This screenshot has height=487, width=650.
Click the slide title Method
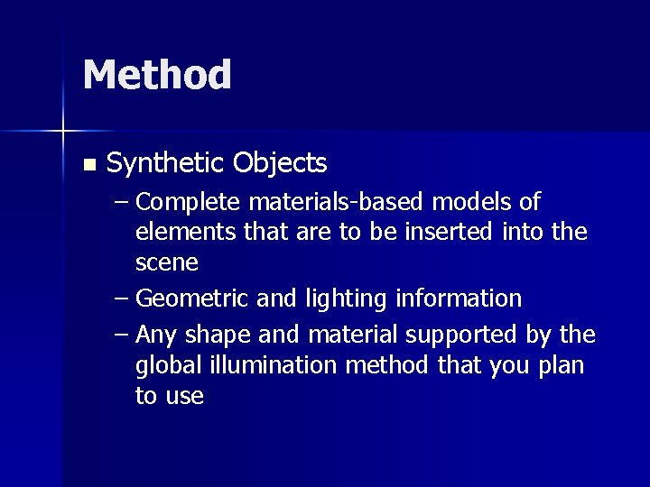point(156,76)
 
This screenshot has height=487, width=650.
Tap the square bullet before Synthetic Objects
point(88,165)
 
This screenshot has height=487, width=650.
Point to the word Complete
point(186,202)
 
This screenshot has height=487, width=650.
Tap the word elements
point(185,232)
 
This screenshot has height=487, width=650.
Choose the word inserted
point(449,232)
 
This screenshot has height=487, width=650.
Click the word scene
point(167,262)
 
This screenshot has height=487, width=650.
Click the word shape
point(220,335)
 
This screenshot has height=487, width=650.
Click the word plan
point(562,366)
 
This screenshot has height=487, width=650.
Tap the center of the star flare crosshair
point(62,132)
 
